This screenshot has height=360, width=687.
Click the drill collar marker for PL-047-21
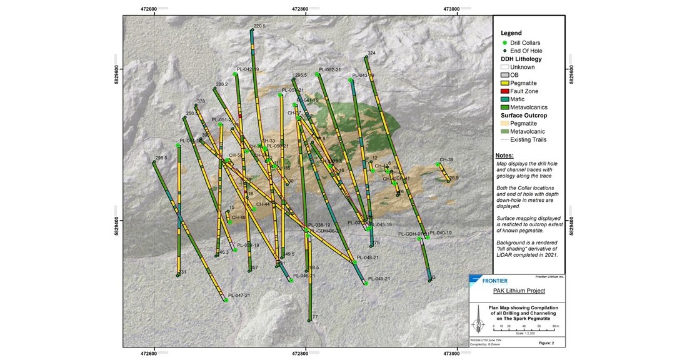(226, 301)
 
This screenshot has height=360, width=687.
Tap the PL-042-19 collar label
(246, 69)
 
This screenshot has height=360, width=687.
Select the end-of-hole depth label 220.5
(259, 26)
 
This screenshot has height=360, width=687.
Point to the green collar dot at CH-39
(438, 164)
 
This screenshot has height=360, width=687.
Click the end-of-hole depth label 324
(371, 53)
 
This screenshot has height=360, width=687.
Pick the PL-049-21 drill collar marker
(366, 283)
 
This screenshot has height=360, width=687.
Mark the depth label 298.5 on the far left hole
(161, 158)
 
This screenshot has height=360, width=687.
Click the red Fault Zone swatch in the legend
(504, 91)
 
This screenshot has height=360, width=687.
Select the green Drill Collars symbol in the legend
(504, 42)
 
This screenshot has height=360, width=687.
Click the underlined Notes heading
(504, 156)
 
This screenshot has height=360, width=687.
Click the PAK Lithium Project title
(518, 291)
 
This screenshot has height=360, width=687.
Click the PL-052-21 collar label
(329, 69)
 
